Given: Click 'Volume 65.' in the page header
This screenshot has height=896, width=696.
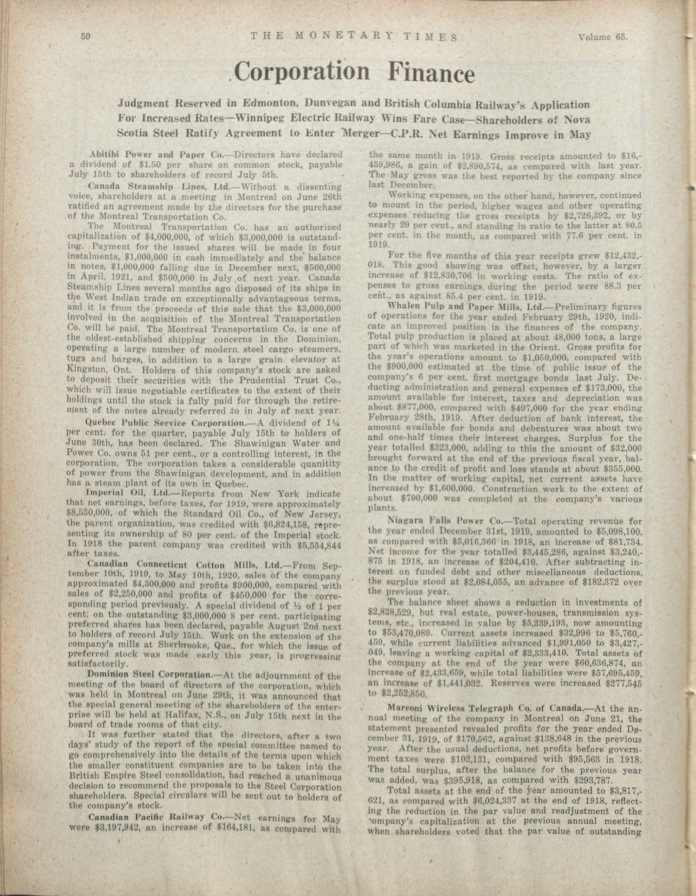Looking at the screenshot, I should coord(603,37).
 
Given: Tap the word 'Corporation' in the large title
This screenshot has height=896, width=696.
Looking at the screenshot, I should coord(301,72).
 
